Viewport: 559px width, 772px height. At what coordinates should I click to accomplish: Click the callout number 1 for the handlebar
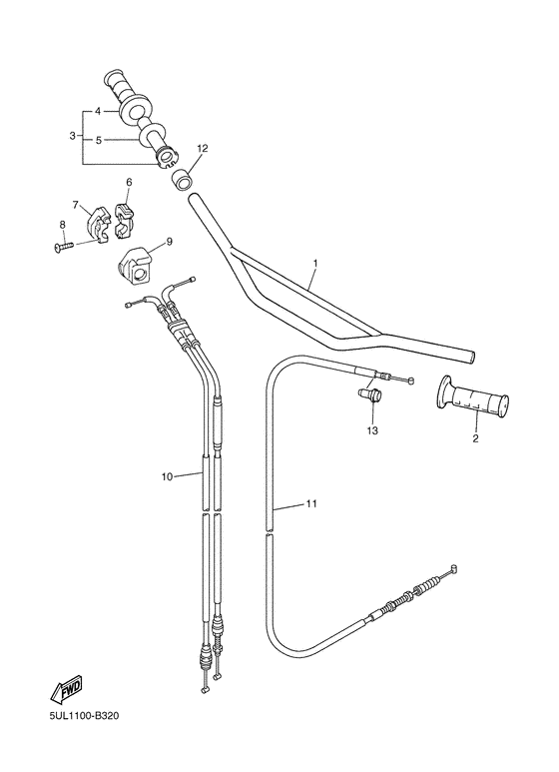314,264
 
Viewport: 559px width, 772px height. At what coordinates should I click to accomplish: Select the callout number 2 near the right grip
475,437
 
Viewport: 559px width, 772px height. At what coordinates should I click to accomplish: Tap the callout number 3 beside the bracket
72,135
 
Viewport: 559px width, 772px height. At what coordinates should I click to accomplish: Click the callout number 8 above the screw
61,225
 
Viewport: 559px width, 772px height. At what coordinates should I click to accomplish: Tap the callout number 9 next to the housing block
169,241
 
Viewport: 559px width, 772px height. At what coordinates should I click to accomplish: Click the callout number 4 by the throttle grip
98,111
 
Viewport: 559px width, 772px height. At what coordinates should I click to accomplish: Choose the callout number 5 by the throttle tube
98,141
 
